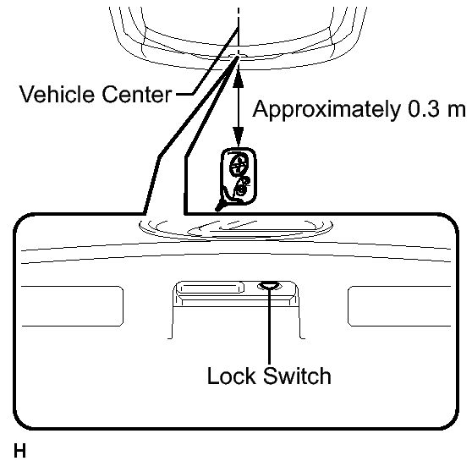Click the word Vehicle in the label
pos(57,94)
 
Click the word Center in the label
pos(137,94)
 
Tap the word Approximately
pos(327,110)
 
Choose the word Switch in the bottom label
pos(297,376)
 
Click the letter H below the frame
pos(19,451)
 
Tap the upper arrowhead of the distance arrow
pos(239,79)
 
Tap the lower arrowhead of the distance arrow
pos(239,136)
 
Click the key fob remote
pos(239,177)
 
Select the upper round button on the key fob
pos(239,164)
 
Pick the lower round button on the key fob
pos(242,187)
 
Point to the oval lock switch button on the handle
pos(270,285)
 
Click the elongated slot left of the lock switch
pos(210,288)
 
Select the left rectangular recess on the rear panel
pos(72,306)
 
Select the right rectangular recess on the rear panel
pos(399,306)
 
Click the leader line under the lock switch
pos(269,325)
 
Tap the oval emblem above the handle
pos(235,230)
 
